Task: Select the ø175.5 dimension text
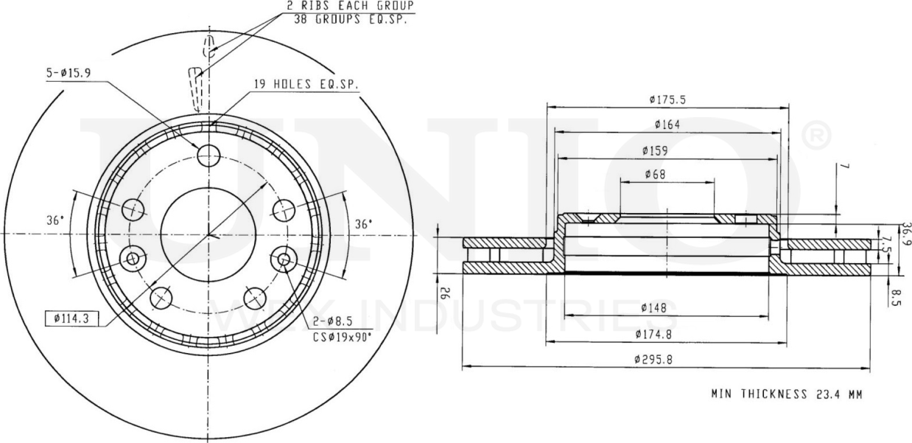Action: coord(663,99)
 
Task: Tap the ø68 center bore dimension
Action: coord(656,174)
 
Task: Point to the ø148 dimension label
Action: coord(654,308)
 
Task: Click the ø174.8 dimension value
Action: coord(656,335)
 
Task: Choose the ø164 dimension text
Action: coord(665,124)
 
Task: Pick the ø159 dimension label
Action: coord(654,150)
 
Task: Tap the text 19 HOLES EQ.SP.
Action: coord(306,85)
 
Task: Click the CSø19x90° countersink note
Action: coord(342,336)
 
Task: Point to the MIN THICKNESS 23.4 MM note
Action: coord(786,394)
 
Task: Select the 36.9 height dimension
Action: coord(906,234)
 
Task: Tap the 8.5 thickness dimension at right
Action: coord(894,299)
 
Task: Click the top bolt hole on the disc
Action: coord(209,155)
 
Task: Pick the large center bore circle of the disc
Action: coord(208,234)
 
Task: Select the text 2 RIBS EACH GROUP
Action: coord(351,5)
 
